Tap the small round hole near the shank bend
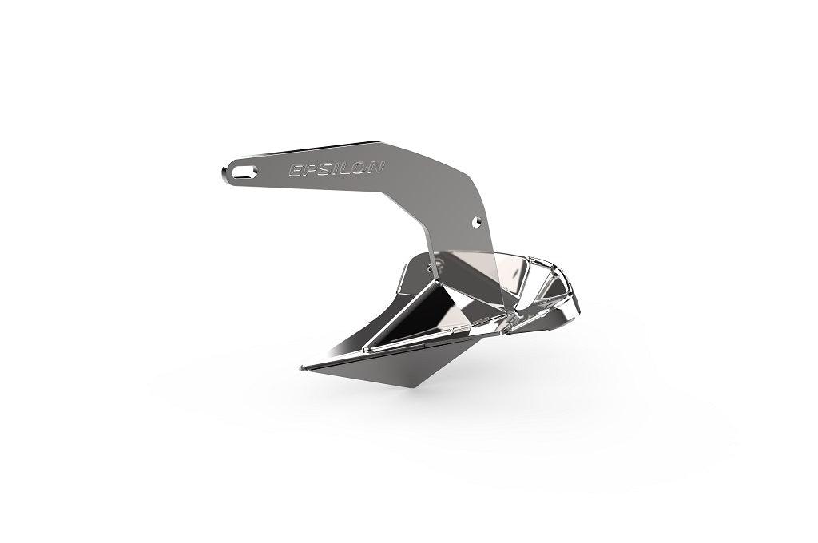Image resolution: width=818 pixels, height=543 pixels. tap(476, 219)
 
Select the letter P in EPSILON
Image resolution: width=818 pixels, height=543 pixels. tap(308, 169)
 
